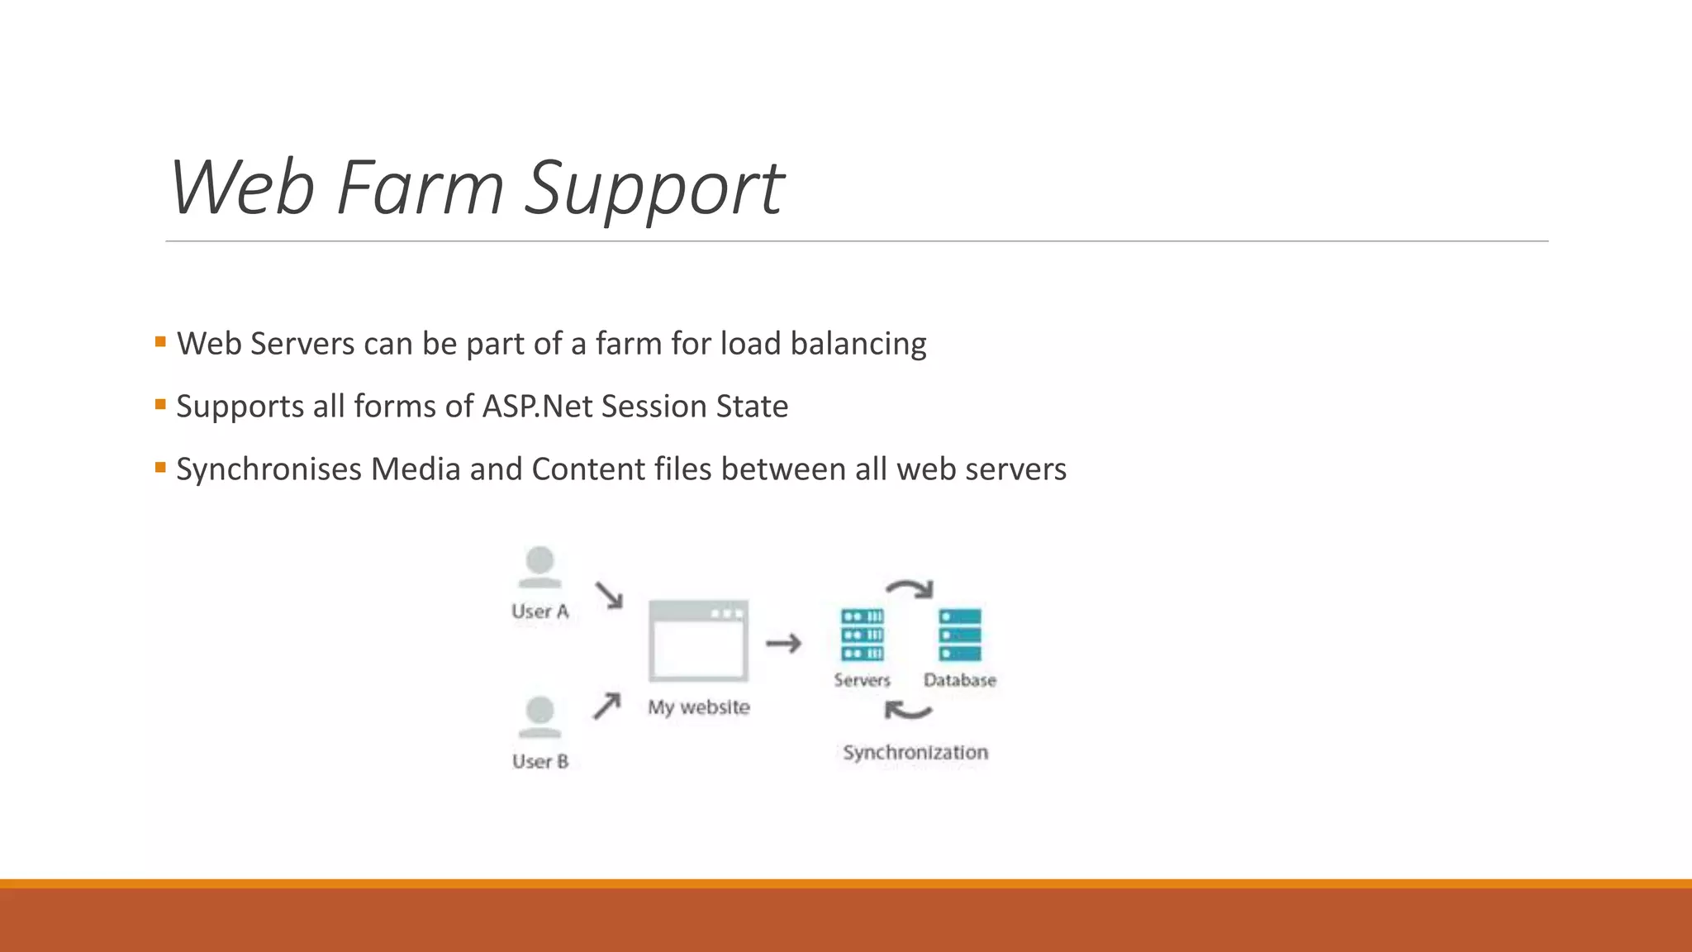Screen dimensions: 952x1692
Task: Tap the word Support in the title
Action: coord(654,190)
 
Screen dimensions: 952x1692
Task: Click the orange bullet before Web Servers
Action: coord(160,341)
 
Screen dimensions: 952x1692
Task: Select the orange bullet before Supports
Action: coord(160,404)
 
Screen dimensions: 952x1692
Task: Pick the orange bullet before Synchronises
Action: coord(160,467)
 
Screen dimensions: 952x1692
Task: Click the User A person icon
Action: coord(540,567)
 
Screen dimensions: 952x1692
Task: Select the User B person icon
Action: coord(540,716)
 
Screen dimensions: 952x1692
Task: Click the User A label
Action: coord(540,612)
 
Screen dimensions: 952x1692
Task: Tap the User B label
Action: coord(540,761)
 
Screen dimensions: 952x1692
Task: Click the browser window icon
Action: coord(699,641)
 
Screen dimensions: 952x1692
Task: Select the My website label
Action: coord(699,707)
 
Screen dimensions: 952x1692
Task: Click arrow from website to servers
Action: coord(783,643)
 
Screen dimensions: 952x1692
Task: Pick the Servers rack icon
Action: coord(863,635)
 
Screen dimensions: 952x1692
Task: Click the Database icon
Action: coord(960,635)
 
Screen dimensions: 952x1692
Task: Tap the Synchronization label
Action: coord(915,752)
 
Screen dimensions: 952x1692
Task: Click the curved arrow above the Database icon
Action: coord(910,588)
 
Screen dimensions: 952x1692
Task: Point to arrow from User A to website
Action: coord(609,595)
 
